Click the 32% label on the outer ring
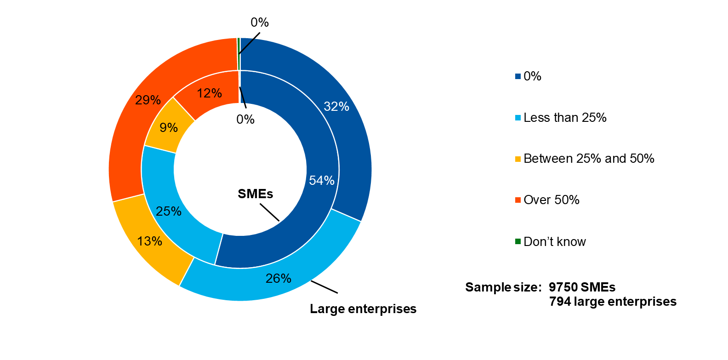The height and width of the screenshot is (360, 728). point(336,107)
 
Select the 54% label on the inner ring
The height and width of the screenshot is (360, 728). point(321,181)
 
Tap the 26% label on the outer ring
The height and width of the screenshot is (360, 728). point(278,279)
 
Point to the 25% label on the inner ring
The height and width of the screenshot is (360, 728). point(168,211)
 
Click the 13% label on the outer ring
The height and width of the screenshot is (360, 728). point(149,241)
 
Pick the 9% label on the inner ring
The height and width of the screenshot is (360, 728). point(169,128)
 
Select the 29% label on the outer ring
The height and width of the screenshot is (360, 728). point(148,100)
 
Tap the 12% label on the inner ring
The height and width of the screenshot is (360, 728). point(209,93)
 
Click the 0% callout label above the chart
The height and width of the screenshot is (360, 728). point(259,23)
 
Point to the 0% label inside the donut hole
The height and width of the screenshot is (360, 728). point(245,120)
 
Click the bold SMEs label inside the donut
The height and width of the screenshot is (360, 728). point(255,194)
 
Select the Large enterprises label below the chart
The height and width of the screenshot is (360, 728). point(363,309)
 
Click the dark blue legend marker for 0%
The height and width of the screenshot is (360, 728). point(518,76)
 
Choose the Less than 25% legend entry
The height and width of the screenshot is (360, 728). point(564,118)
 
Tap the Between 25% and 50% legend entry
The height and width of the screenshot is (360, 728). point(588,159)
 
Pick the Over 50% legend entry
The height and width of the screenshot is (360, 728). point(551,200)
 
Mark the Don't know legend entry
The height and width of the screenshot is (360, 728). point(554,242)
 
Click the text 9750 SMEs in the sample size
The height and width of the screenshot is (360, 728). point(582,287)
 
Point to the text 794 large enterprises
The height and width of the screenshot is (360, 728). point(613,302)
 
